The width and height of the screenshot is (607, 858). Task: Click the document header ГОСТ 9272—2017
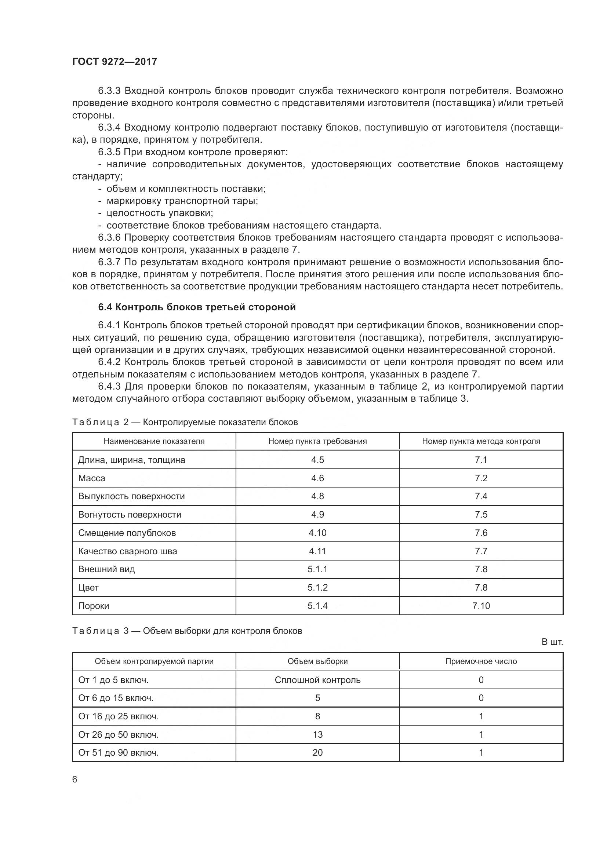coord(115,62)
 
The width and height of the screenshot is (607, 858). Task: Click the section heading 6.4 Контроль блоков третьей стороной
coord(197,307)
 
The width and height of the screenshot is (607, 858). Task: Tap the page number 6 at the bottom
coord(75,779)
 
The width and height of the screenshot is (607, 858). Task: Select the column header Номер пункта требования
coord(317,441)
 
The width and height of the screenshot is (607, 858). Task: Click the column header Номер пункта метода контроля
coord(481,441)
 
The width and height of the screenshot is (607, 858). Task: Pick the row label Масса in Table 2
coord(92,478)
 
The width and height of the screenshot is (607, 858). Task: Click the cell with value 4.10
coord(317,533)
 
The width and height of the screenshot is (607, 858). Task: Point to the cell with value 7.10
coord(481,605)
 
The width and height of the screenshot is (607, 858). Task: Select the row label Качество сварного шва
coord(127,551)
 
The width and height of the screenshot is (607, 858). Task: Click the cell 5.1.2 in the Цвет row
coord(317,587)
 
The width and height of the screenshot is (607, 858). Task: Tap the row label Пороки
coord(94,605)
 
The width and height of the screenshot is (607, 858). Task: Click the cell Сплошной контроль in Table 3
coord(317,680)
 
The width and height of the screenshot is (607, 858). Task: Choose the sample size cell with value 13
coord(317,734)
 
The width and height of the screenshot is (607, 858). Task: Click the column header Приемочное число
coord(481,661)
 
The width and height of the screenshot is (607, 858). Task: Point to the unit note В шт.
coord(552,642)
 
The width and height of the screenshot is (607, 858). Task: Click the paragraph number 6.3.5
coord(109,152)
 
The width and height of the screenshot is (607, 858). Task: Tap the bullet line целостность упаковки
coord(160,213)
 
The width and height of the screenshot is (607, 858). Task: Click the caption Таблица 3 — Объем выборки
coord(187,631)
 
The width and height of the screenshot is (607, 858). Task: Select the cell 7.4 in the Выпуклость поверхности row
coord(481,496)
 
